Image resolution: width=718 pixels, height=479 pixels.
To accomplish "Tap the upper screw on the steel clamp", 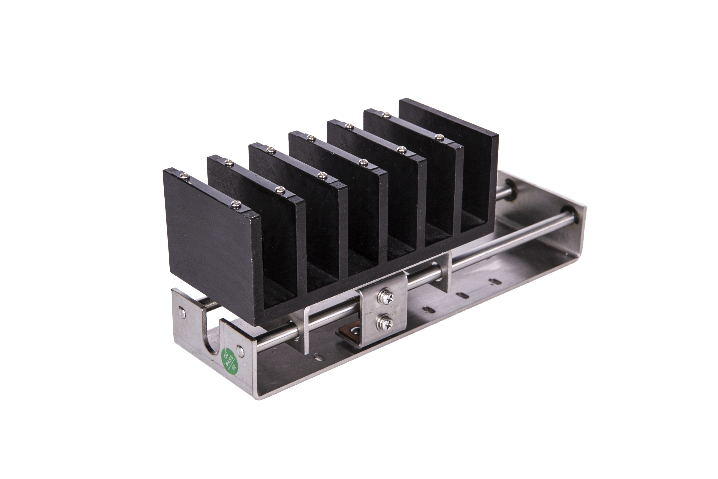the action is [386, 296].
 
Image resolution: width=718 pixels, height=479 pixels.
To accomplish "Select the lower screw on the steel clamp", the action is [385, 321].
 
